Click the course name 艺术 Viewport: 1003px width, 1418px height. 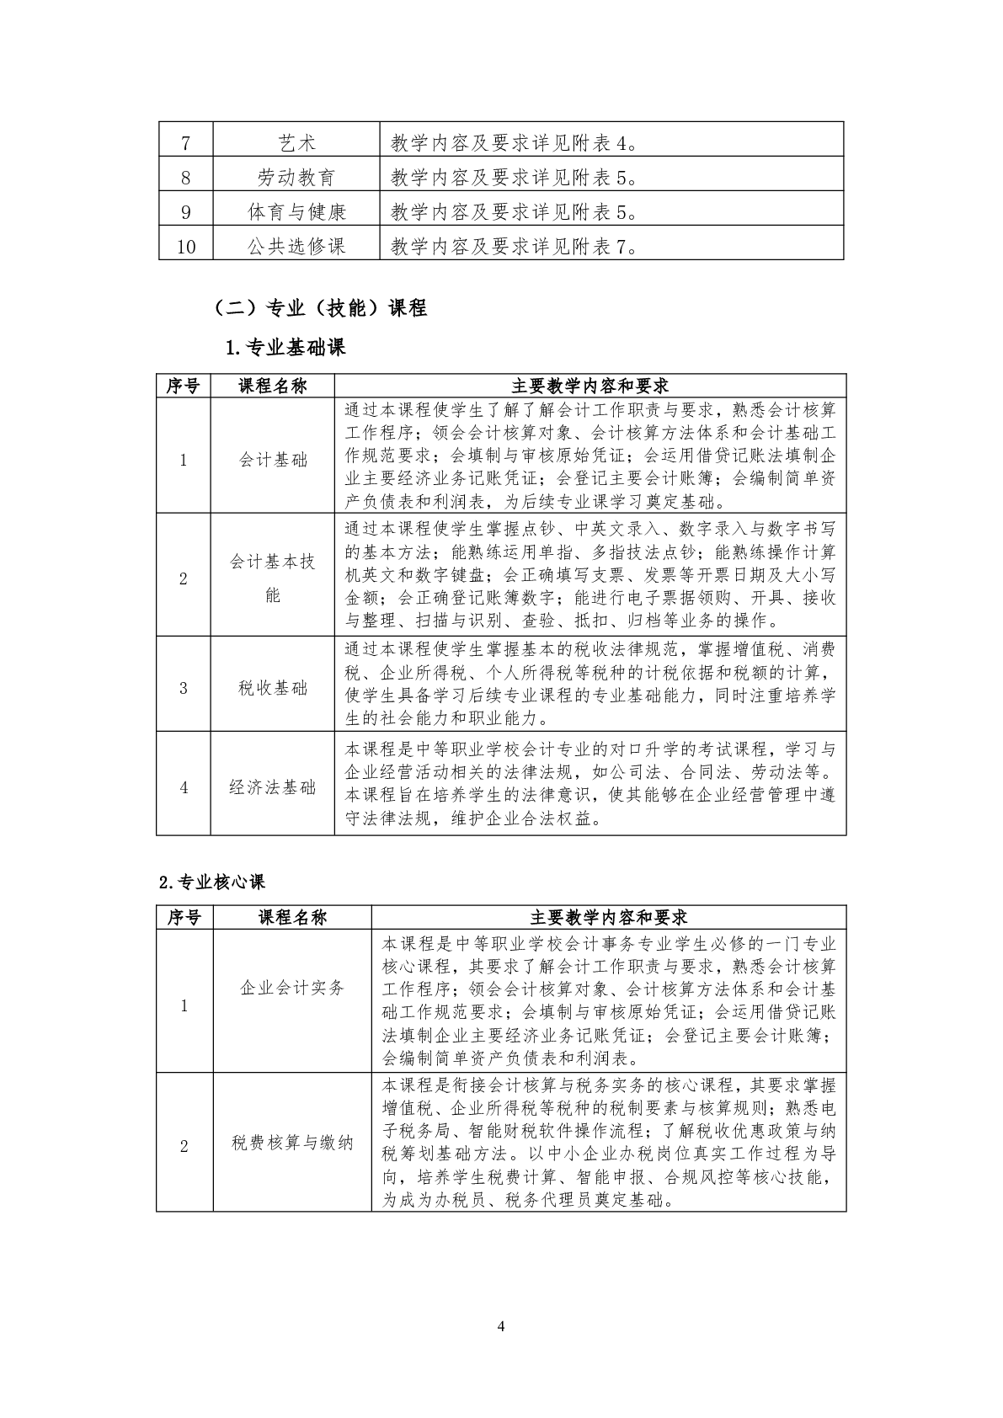click(x=296, y=143)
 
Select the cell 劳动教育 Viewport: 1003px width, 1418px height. click(x=296, y=178)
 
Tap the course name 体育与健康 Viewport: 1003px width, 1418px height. click(x=296, y=212)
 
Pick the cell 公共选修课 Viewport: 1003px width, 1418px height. click(x=296, y=247)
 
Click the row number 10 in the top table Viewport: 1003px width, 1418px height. click(x=186, y=247)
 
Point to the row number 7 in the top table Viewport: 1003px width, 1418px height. click(x=186, y=143)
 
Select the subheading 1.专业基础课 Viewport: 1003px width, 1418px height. click(x=285, y=347)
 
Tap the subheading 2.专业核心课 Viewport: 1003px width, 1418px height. click(x=212, y=882)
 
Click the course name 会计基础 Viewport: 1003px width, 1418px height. click(x=273, y=460)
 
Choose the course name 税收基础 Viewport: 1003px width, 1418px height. click(x=273, y=688)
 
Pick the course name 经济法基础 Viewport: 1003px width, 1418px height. click(x=273, y=787)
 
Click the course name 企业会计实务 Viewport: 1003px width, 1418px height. click(x=292, y=988)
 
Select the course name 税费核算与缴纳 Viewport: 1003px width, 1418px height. click(x=292, y=1143)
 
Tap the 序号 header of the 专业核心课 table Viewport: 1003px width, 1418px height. click(x=184, y=917)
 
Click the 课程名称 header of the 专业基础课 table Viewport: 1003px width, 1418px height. click(x=273, y=386)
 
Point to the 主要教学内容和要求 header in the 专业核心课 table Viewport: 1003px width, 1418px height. click(x=608, y=917)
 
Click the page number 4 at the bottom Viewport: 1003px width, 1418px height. click(x=501, y=1327)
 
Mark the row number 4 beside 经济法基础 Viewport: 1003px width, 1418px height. click(x=184, y=787)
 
